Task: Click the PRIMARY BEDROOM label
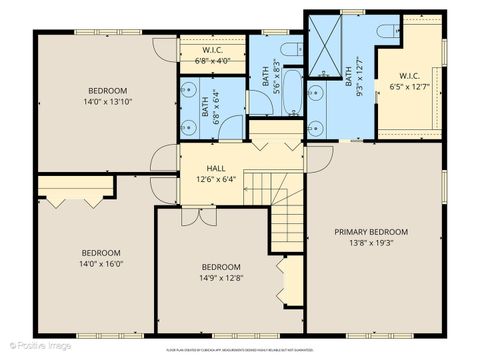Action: (x=371, y=231)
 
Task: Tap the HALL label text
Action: (x=215, y=169)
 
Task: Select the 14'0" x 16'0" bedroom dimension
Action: (x=101, y=264)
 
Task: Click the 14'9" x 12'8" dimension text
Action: (x=220, y=278)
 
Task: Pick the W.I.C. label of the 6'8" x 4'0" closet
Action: (x=211, y=49)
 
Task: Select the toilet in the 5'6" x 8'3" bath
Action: (x=290, y=48)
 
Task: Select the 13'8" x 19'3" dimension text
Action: (x=371, y=243)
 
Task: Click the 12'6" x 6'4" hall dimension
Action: (x=215, y=180)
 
